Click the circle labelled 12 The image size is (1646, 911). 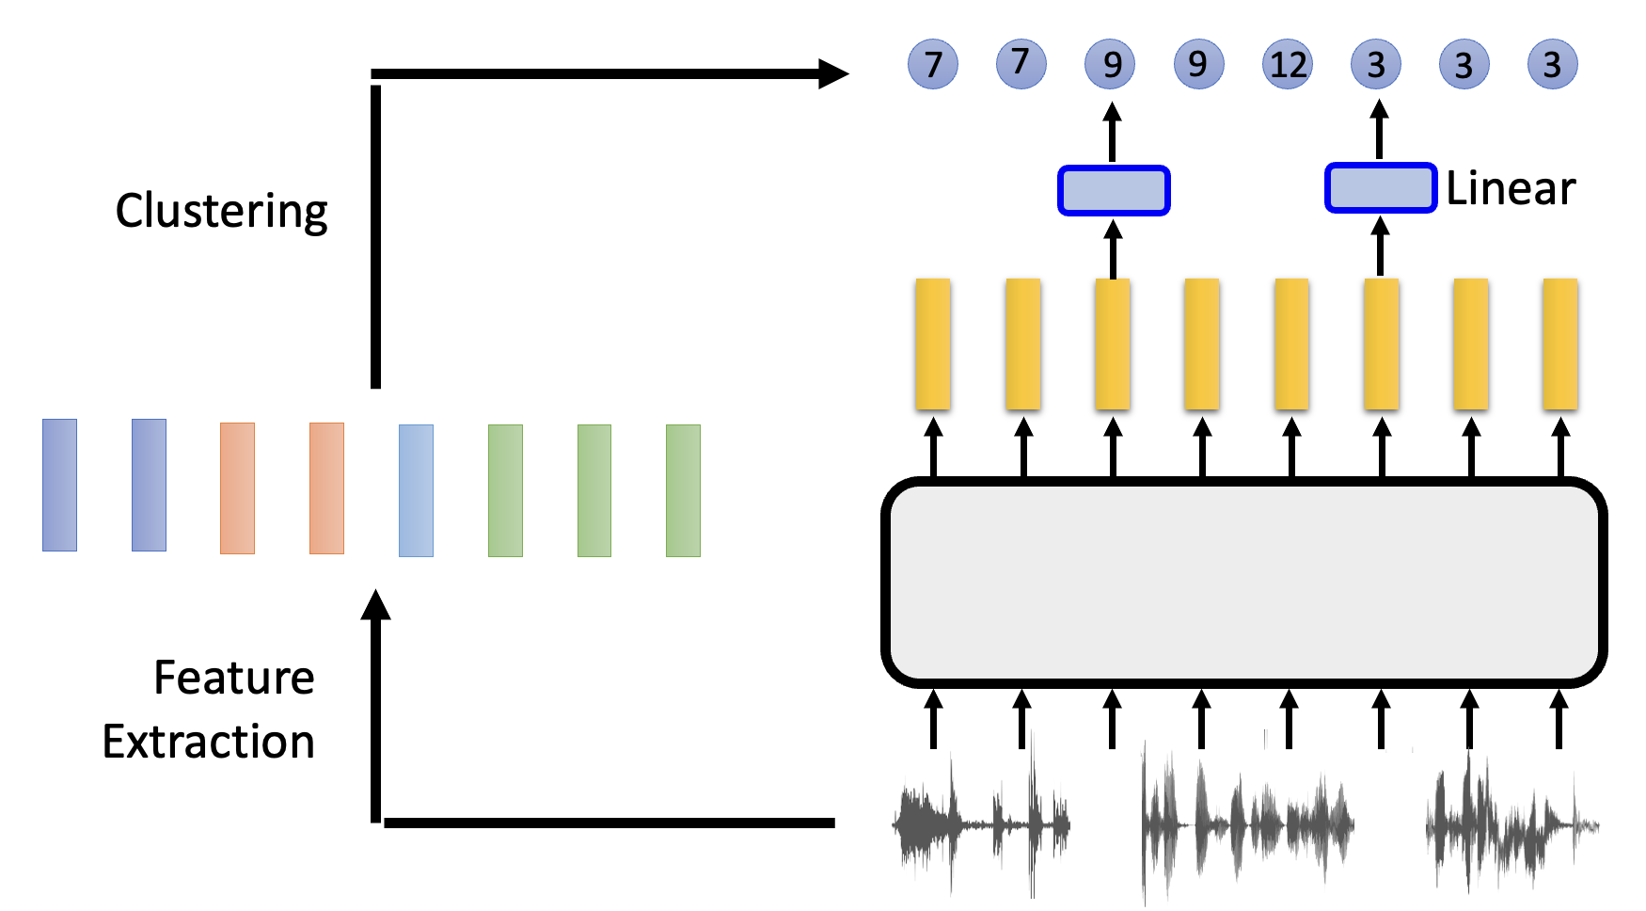(x=1288, y=64)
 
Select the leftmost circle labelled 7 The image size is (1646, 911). (x=932, y=64)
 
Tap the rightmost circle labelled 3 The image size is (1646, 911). (x=1552, y=64)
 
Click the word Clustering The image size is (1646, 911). (x=221, y=211)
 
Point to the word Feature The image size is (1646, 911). (x=233, y=678)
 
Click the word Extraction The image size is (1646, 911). (x=208, y=742)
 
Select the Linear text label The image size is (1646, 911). (x=1511, y=188)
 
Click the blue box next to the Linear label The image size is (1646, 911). (x=1381, y=188)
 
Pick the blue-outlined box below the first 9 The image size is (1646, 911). (x=1114, y=190)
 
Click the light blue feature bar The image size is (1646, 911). (x=416, y=490)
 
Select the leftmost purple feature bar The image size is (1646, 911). (x=59, y=485)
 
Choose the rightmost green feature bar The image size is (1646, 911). (x=683, y=490)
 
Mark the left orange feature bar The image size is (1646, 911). (x=237, y=487)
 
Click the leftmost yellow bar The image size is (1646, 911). (x=932, y=344)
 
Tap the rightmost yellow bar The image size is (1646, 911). (x=1560, y=344)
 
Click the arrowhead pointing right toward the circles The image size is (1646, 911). (x=832, y=73)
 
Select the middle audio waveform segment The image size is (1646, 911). (x=1246, y=823)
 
